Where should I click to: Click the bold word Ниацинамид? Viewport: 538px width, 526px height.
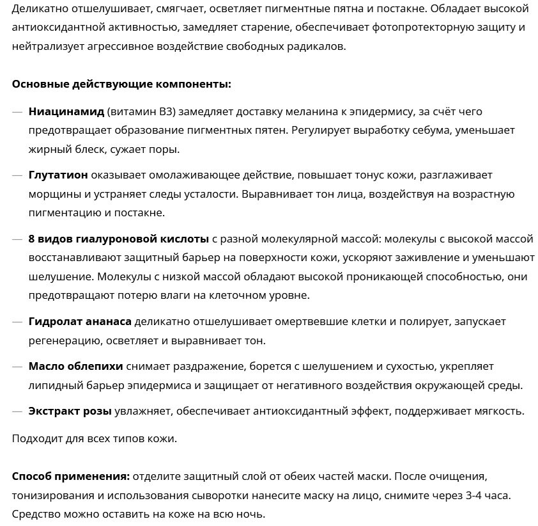(x=66, y=111)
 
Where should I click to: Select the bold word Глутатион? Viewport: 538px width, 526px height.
(x=58, y=175)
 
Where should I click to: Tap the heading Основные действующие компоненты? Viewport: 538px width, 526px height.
(x=121, y=84)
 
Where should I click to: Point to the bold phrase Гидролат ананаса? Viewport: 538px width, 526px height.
(x=80, y=321)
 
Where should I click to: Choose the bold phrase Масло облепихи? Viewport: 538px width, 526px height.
(x=75, y=367)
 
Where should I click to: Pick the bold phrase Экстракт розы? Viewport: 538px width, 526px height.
(x=70, y=411)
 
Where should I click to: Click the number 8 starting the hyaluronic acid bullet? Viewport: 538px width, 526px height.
(x=32, y=239)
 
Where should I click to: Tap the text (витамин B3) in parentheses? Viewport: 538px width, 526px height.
(x=141, y=111)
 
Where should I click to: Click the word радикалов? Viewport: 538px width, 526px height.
(x=314, y=47)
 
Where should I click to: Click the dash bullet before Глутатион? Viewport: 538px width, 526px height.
(x=17, y=175)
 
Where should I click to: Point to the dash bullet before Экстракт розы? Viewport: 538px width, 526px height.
(x=17, y=411)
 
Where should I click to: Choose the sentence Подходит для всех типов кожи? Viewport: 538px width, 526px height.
(x=94, y=439)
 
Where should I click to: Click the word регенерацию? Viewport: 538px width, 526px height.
(x=65, y=340)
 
